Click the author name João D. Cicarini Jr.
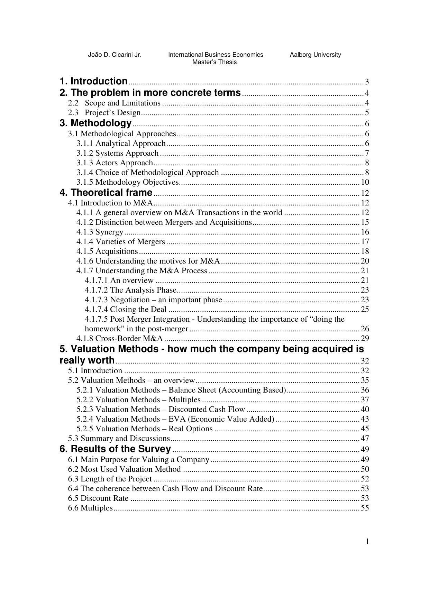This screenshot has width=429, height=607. click(x=115, y=55)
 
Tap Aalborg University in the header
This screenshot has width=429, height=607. click(x=315, y=55)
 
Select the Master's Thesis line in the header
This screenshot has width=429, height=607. click(x=214, y=62)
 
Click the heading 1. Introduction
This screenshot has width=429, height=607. click(x=94, y=82)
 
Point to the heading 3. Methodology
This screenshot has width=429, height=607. click(x=95, y=123)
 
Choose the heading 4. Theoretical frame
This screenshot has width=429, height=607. click(x=106, y=193)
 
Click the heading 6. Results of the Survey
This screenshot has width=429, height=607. click(x=115, y=449)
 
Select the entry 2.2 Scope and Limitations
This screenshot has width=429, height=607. click(x=114, y=103)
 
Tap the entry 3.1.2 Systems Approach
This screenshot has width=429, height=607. click(x=118, y=153)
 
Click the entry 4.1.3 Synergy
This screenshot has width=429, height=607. click(x=100, y=232)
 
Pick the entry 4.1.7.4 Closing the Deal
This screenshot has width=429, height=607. click(x=126, y=310)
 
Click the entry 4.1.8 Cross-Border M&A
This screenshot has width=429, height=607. click(x=120, y=339)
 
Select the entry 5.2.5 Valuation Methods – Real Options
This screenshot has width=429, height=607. click(x=145, y=429)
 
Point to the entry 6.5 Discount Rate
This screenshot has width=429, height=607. click(x=98, y=498)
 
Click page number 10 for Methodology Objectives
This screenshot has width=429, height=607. click(x=365, y=182)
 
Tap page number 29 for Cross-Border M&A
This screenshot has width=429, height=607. click(x=365, y=339)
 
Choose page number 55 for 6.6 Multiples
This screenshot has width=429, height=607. click(x=365, y=508)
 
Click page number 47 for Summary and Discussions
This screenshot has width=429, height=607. click(x=365, y=439)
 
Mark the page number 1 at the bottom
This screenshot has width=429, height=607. click(x=367, y=542)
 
